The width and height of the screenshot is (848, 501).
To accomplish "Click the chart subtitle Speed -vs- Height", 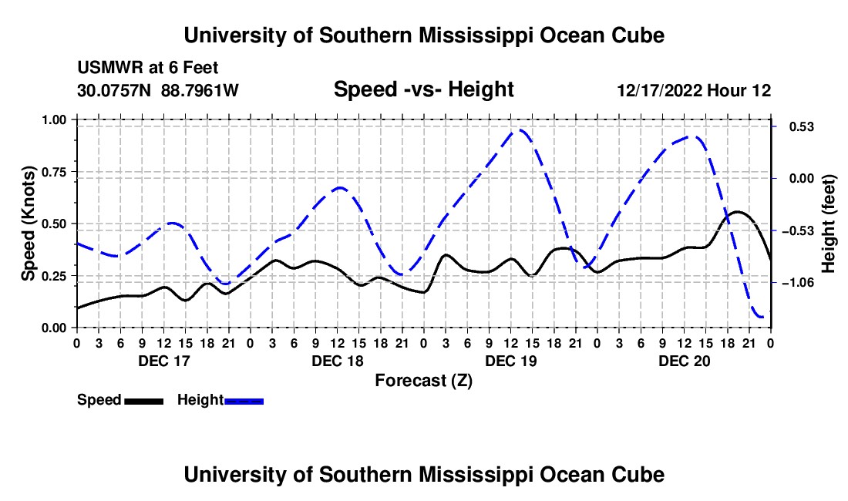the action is [x=423, y=89].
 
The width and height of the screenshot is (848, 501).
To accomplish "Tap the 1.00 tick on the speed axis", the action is [x=54, y=119].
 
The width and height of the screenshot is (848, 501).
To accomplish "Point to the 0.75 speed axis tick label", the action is [x=54, y=172].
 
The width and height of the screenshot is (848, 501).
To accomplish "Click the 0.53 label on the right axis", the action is [x=802, y=127].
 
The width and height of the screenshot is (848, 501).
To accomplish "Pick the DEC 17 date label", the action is [x=164, y=361].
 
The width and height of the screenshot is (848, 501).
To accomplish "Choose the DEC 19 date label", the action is [x=511, y=361].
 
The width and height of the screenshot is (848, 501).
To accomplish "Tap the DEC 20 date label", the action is [x=684, y=361].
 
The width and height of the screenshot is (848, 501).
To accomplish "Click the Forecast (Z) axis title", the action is [x=423, y=381].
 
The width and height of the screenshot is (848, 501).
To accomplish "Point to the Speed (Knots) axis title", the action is [x=28, y=224].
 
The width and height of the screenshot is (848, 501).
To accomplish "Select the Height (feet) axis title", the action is [x=829, y=224].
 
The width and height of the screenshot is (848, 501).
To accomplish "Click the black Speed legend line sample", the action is [x=144, y=401].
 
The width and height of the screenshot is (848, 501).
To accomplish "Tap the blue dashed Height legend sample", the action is [x=244, y=401].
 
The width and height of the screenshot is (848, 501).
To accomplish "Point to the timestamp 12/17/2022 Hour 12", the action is [x=694, y=90].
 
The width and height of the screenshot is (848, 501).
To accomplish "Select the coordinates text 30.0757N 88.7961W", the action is [x=157, y=90].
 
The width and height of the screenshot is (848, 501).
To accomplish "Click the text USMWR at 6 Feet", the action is [x=148, y=68].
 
